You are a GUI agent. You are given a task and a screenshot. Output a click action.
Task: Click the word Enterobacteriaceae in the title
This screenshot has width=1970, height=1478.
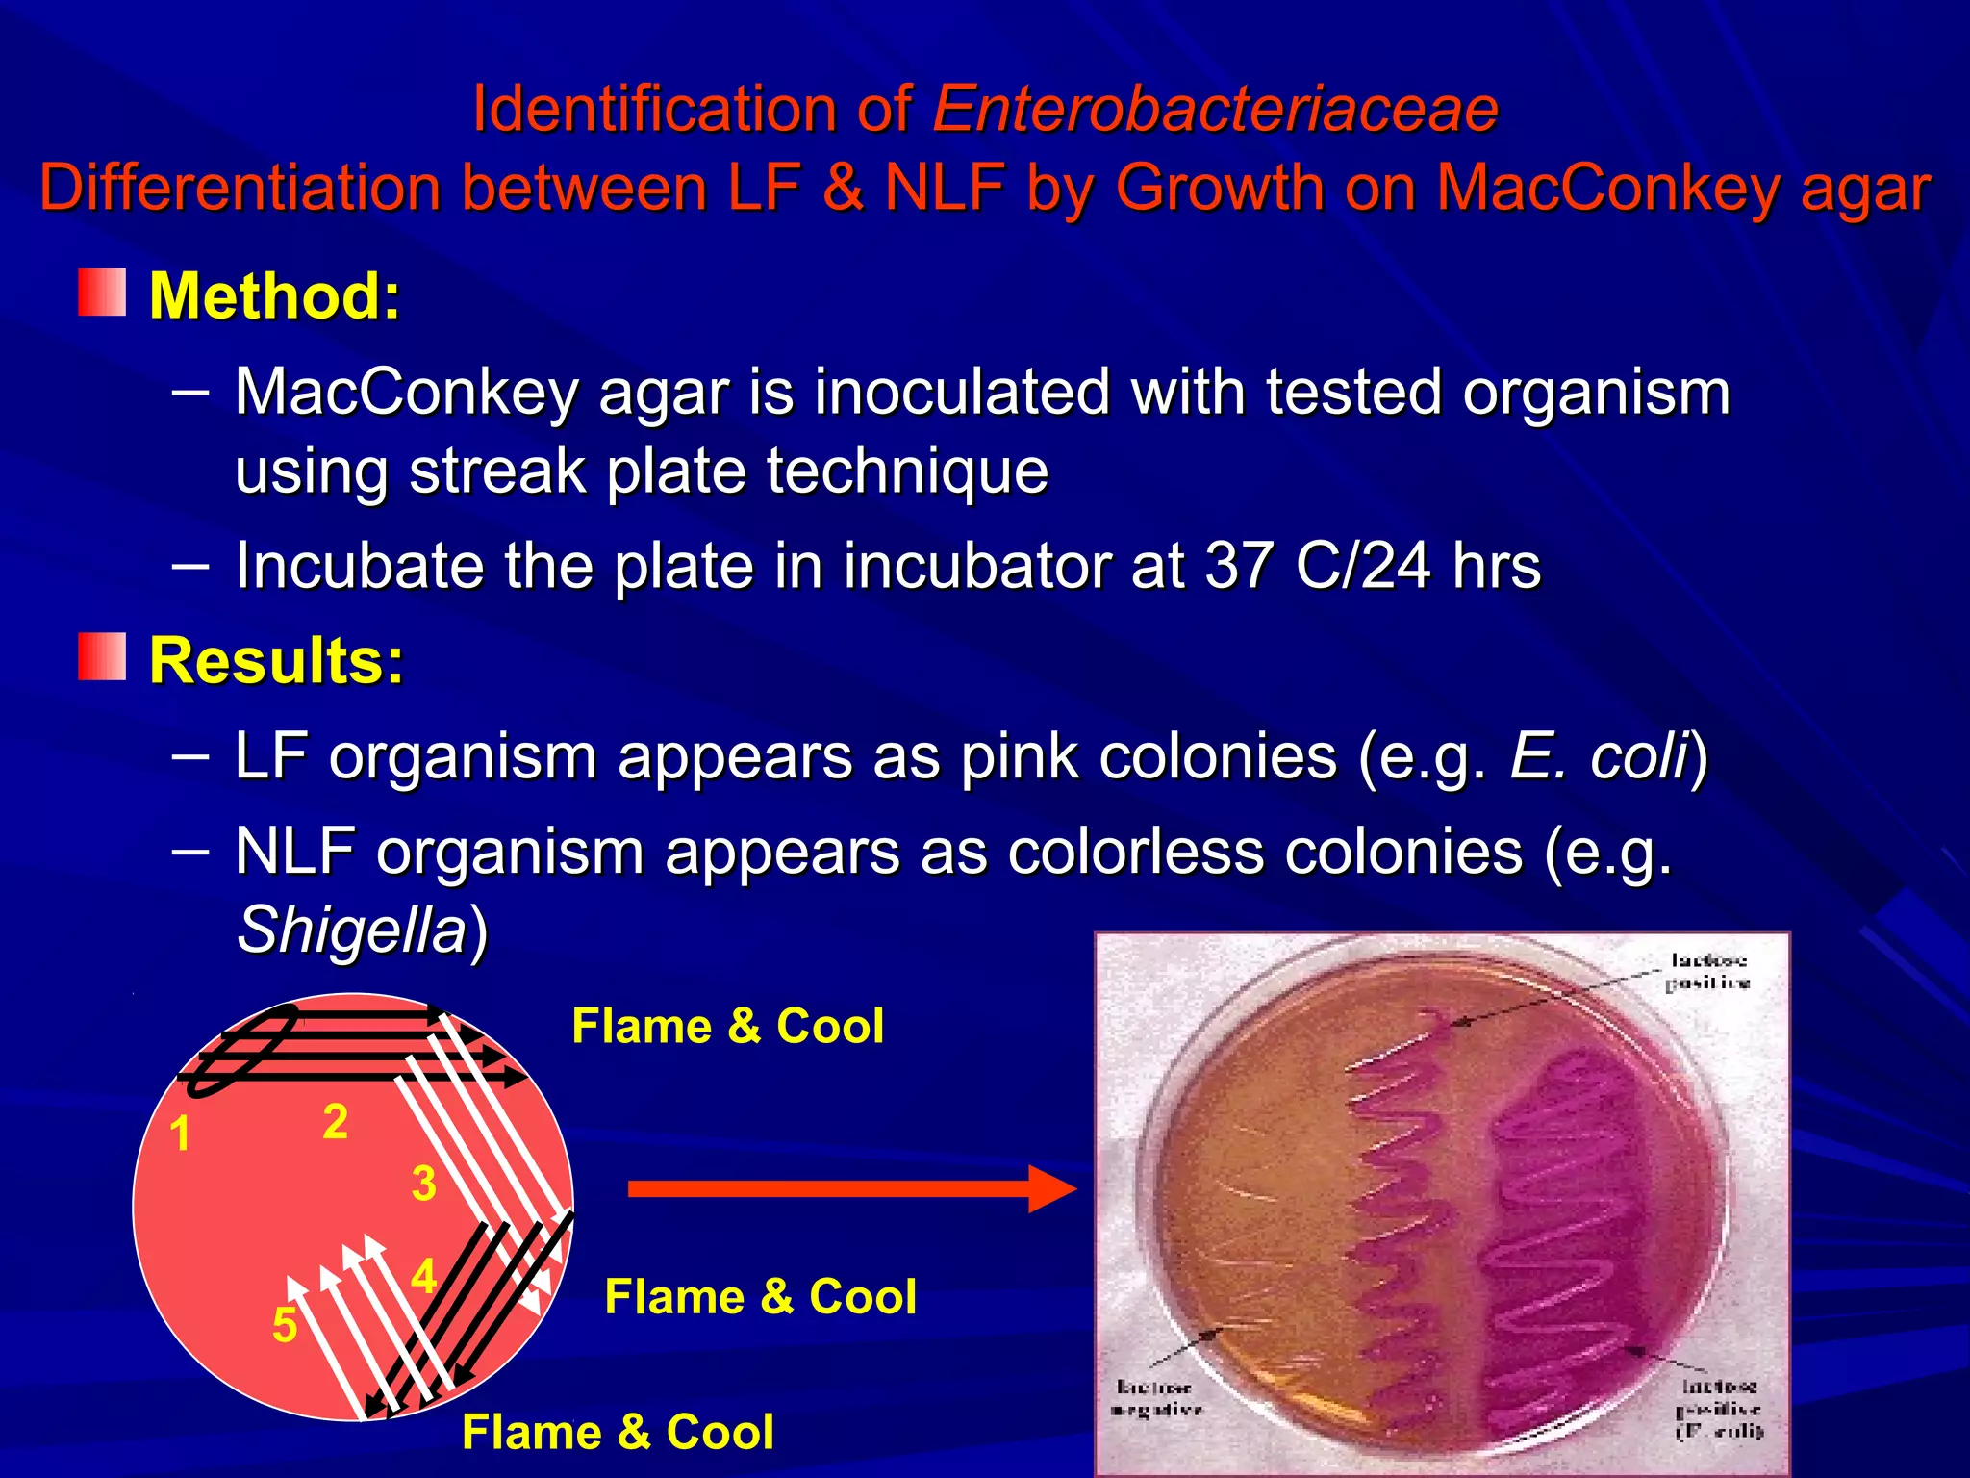(1215, 108)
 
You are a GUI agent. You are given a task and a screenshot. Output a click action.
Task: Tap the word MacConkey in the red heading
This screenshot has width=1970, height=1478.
(1607, 188)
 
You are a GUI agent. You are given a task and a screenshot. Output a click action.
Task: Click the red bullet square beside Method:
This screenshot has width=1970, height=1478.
(102, 293)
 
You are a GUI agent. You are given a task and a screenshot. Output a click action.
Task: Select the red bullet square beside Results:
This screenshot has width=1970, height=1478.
(102, 657)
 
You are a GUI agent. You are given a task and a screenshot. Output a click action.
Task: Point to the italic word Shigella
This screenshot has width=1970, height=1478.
(352, 930)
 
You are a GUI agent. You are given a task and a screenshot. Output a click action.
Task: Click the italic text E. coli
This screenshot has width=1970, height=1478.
(1599, 756)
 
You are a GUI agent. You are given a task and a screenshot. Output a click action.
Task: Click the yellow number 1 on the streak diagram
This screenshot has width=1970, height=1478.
(180, 1134)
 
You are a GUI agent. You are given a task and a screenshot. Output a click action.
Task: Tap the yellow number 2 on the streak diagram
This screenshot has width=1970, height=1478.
(335, 1122)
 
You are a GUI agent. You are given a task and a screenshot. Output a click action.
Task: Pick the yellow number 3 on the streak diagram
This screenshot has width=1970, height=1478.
(423, 1184)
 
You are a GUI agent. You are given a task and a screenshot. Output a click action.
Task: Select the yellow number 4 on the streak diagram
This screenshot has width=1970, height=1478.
(423, 1277)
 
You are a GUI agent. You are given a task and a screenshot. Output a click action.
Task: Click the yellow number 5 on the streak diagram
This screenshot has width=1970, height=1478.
(285, 1326)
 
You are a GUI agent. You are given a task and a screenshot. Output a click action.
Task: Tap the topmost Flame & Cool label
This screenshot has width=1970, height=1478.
(727, 1026)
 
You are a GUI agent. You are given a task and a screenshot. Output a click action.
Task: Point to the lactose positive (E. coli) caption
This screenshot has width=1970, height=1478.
(1719, 1409)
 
